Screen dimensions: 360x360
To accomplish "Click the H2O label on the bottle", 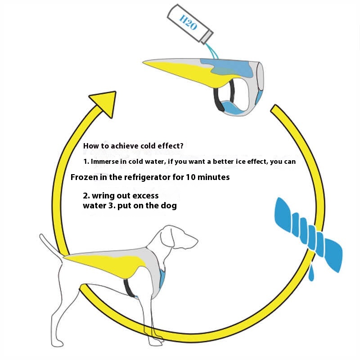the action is (188, 22).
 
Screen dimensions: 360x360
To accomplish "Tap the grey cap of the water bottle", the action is (207, 37).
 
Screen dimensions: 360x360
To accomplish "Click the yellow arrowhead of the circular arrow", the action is (104, 103).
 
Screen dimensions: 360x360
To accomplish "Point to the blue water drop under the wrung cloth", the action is (311, 273).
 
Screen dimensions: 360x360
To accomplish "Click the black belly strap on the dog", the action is (129, 288).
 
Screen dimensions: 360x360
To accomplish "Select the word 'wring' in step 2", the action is (103, 196).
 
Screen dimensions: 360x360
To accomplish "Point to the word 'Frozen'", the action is (81, 177).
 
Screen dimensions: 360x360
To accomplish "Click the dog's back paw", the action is (57, 343).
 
